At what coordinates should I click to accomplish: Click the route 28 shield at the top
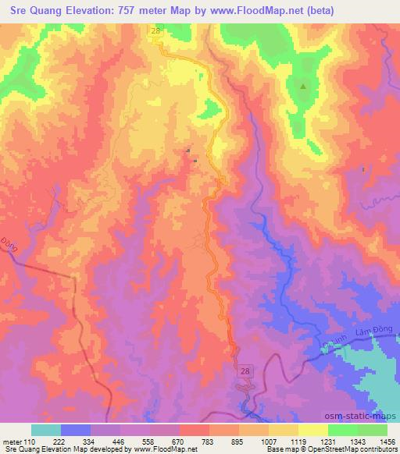tap(155, 30)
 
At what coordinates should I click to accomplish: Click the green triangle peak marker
tap(303, 86)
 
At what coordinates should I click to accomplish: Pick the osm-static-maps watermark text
tap(367, 417)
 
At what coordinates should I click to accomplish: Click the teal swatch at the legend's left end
tap(45, 430)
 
